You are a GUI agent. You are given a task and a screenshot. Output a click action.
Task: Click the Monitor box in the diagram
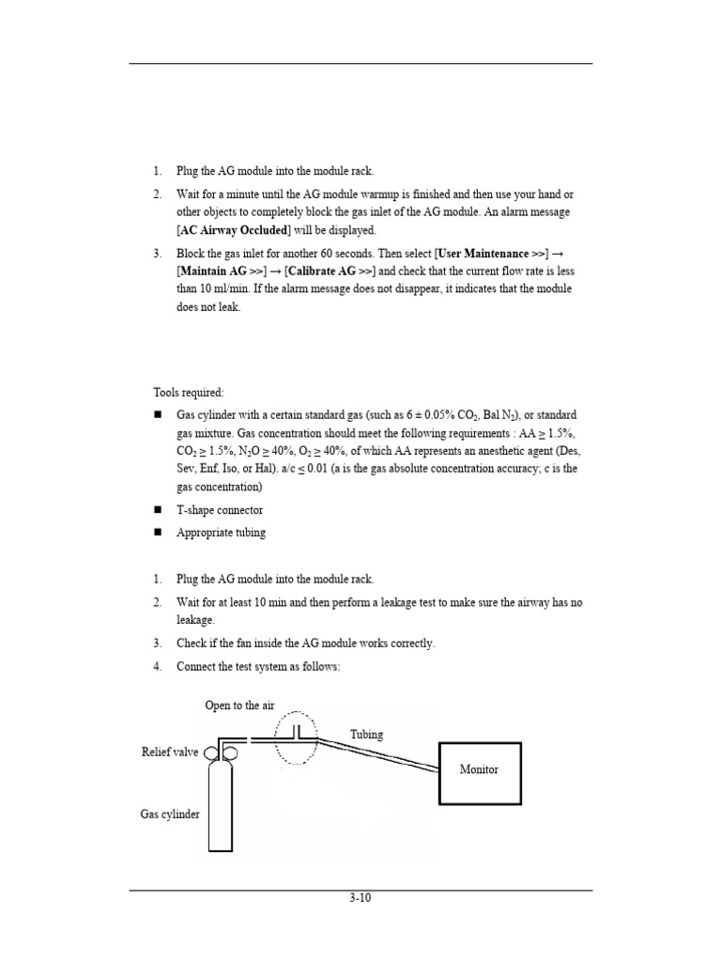479,769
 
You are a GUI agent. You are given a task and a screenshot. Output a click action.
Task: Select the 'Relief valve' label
170,753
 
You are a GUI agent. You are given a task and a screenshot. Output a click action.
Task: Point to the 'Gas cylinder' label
170,815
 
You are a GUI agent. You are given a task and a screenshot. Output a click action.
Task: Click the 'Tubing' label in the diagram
366,735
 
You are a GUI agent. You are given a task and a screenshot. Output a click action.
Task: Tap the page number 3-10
360,897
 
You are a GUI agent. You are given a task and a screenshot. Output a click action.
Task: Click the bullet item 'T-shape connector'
220,510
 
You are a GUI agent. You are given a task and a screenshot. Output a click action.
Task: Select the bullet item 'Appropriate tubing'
221,533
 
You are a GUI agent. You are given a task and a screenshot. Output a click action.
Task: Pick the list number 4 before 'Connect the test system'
158,666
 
